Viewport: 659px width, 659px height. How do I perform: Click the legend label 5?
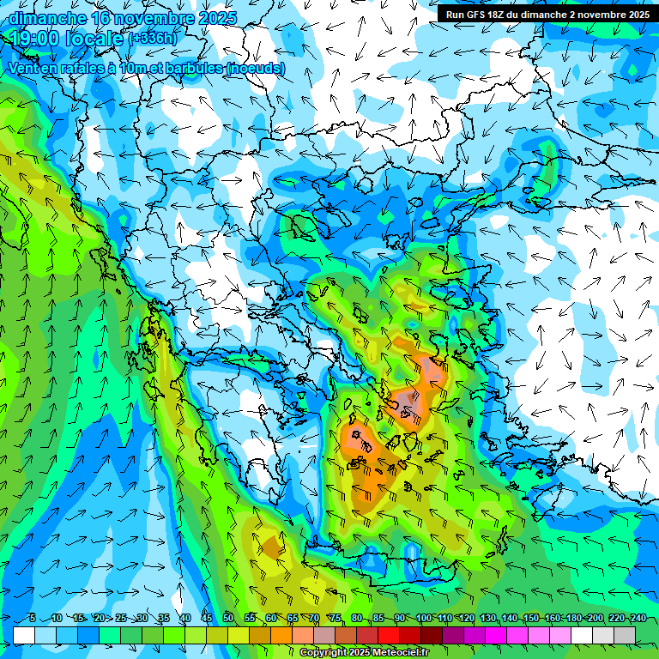(x=32, y=619)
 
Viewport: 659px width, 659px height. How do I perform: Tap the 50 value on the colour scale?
(x=228, y=619)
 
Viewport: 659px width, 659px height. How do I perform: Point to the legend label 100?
(x=424, y=619)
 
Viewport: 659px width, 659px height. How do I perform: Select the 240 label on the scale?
(x=638, y=619)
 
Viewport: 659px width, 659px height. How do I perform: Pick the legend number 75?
(x=336, y=619)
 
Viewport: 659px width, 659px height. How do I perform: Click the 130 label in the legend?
(x=488, y=619)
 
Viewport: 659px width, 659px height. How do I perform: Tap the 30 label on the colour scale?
(x=142, y=619)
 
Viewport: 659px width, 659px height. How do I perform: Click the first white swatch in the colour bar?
(x=24, y=635)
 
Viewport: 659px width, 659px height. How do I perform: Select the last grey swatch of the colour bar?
(x=625, y=635)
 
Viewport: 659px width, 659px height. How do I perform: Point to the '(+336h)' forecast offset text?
(x=154, y=39)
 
